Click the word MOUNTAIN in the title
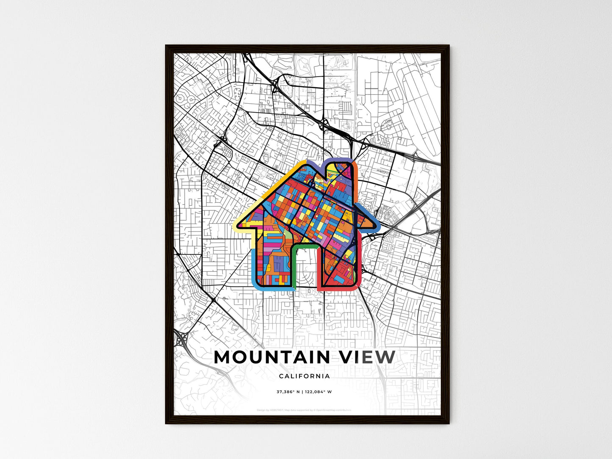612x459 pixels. click(272, 357)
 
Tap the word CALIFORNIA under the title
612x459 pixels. click(305, 376)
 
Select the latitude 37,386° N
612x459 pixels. click(288, 392)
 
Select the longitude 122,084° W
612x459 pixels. click(318, 392)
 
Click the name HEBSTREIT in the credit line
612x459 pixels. click(275, 410)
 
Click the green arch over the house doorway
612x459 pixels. click(305, 246)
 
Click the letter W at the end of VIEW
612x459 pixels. click(385, 357)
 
